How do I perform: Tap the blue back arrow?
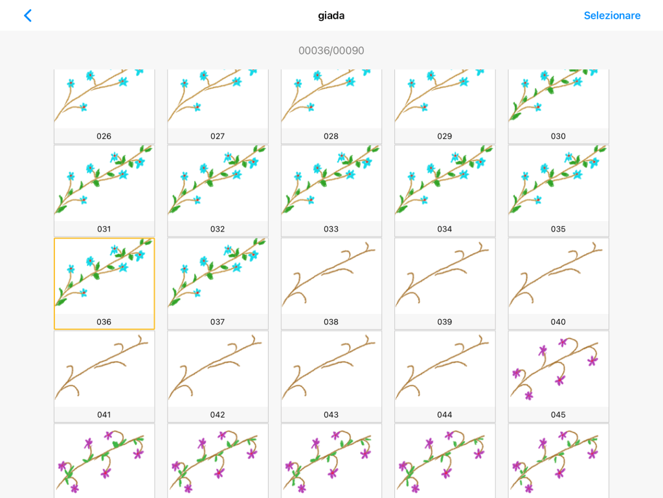point(27,16)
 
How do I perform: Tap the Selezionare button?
point(612,16)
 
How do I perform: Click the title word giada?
point(331,16)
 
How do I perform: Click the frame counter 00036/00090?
point(331,51)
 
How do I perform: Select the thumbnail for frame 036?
point(104,277)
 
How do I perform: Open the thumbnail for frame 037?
point(218,277)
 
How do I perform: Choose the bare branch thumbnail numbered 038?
point(331,277)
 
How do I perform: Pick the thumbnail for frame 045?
point(558,370)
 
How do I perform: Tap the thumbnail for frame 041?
point(104,370)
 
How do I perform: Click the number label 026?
point(104,136)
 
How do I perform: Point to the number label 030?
point(558,136)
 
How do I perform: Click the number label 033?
point(331,229)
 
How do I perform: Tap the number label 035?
point(558,229)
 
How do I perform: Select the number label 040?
point(558,322)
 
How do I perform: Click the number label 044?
point(445,414)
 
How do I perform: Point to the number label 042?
point(218,414)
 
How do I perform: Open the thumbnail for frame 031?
point(104,184)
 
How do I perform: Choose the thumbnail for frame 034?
point(445,184)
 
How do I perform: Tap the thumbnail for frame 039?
point(445,277)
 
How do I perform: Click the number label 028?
point(331,136)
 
